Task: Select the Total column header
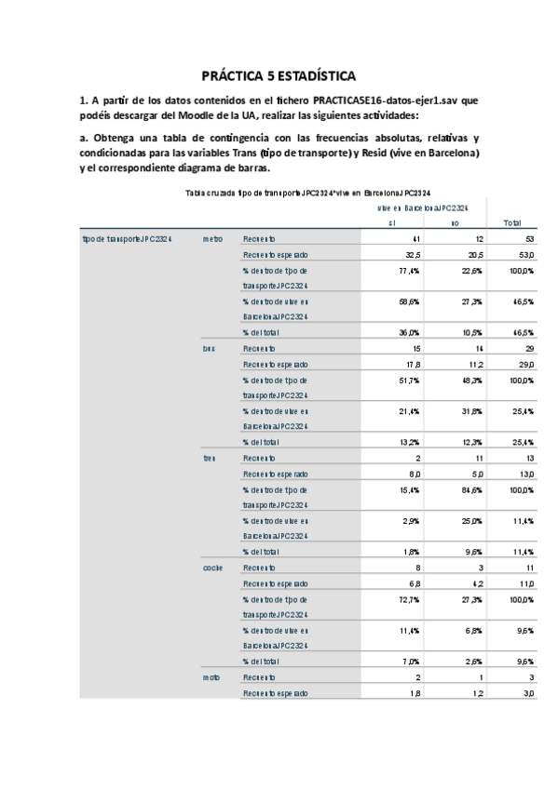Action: click(511, 223)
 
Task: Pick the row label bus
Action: click(209, 348)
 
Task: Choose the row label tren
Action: click(209, 457)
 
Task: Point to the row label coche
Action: click(212, 567)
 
